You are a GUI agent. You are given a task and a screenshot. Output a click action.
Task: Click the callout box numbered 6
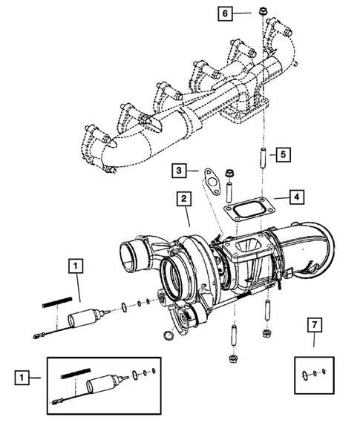coord(226,13)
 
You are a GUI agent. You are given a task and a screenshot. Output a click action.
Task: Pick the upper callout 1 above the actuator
coord(76,263)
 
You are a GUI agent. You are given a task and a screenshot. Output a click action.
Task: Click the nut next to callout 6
coord(264,12)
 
